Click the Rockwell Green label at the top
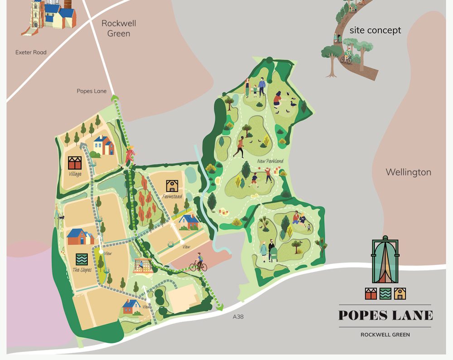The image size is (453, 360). pos(119,28)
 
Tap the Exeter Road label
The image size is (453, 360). pos(31,53)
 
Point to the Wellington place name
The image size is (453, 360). pos(408,172)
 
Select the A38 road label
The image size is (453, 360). pos(238,317)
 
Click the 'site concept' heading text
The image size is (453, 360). pos(375,30)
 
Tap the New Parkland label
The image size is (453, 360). pos(270,161)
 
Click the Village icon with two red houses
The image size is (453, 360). pos(74,163)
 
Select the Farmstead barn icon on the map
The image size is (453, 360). pos(172,186)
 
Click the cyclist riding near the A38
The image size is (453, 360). pos(198,264)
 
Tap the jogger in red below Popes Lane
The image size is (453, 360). pos(130,155)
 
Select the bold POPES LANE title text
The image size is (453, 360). pos(386,315)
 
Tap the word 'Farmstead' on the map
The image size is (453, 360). pos(173,197)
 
